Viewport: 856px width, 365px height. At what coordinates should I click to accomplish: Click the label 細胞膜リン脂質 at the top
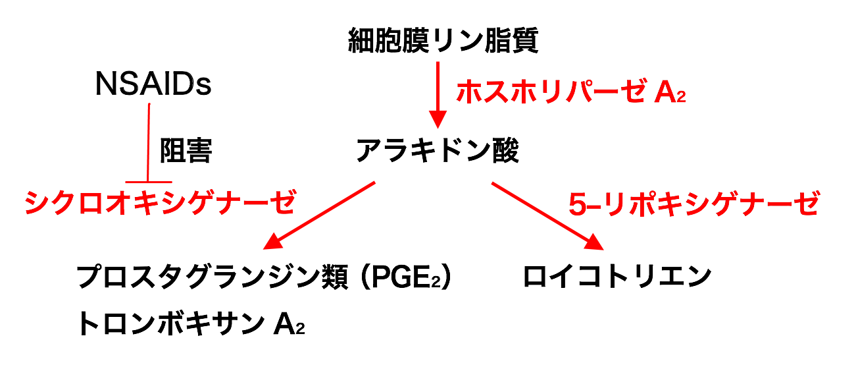click(443, 42)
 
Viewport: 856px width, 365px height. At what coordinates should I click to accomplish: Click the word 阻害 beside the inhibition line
click(186, 152)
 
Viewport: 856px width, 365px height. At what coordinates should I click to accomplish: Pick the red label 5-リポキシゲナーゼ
click(693, 204)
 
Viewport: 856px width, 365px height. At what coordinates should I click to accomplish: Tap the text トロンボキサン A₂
click(190, 323)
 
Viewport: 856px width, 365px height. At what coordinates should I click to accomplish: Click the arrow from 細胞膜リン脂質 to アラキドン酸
click(437, 92)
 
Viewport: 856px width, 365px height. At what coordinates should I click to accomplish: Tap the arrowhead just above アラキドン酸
click(437, 120)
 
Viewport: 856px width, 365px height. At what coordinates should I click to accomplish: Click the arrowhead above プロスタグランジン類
click(274, 242)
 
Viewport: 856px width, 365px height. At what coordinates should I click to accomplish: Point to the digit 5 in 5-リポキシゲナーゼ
click(576, 204)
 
